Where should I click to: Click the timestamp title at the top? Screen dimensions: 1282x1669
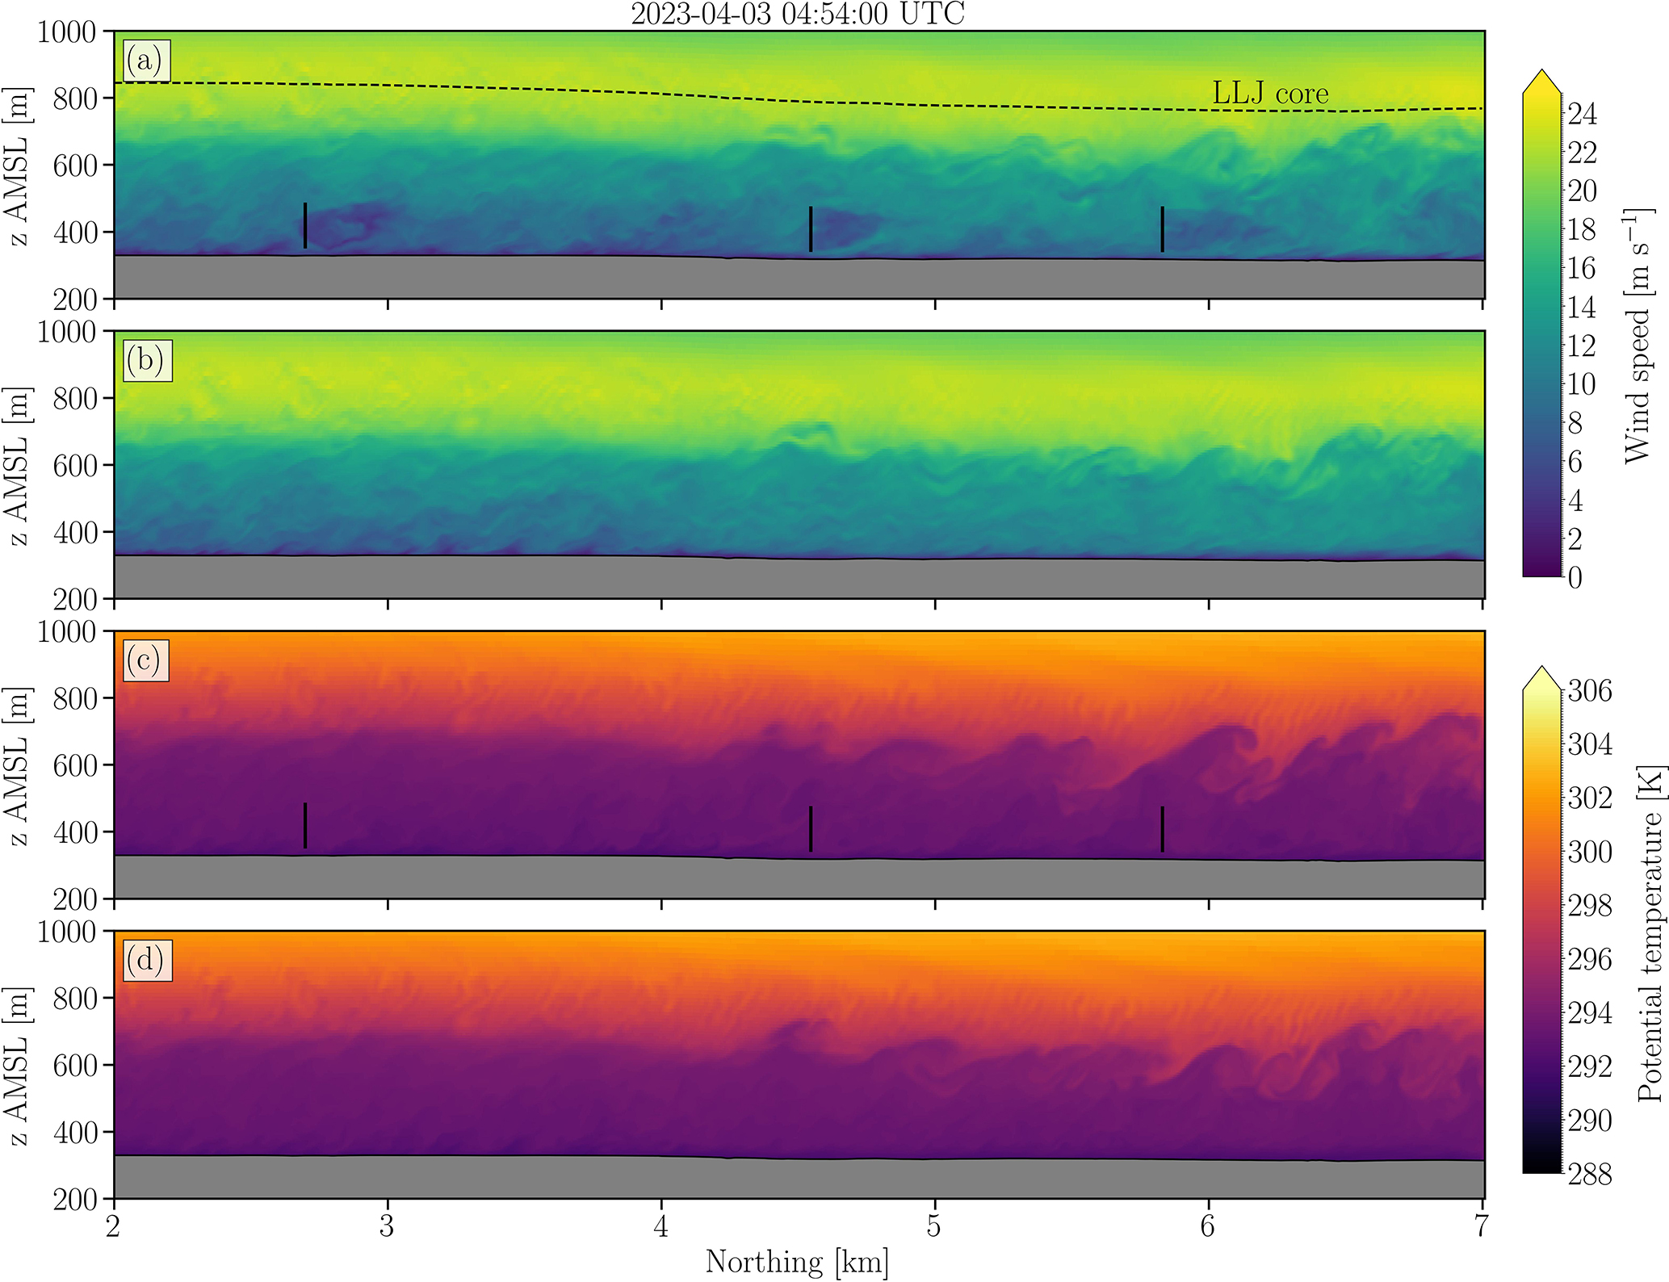pyautogui.click(x=797, y=15)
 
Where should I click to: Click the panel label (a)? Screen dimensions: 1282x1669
pyautogui.click(x=145, y=61)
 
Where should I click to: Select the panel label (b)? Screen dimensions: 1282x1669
pyautogui.click(x=145, y=360)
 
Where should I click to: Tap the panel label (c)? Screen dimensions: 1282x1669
pyautogui.click(x=145, y=660)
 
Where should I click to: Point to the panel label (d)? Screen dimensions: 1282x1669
pyautogui.click(x=145, y=960)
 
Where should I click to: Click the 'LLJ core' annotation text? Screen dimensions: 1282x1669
pyautogui.click(x=1269, y=94)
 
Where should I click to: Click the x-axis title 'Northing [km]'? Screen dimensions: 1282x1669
pyautogui.click(x=797, y=1261)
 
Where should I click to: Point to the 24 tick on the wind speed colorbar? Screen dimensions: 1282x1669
pyautogui.click(x=1583, y=114)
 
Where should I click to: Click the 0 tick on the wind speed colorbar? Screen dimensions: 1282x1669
pyautogui.click(x=1575, y=578)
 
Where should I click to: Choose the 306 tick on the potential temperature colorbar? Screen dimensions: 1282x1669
pyautogui.click(x=1590, y=691)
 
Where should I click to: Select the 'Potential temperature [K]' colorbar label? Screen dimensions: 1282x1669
pyautogui.click(x=1649, y=932)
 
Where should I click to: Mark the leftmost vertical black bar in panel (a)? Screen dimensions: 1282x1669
pyautogui.click(x=305, y=225)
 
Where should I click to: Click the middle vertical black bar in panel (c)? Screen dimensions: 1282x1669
pyautogui.click(x=811, y=828)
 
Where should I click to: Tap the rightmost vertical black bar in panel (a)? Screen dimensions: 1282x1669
pyautogui.click(x=1162, y=229)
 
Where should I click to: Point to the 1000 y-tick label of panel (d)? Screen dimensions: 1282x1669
pyautogui.click(x=66, y=932)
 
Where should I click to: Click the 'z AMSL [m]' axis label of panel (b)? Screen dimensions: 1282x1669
pyautogui.click(x=18, y=466)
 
